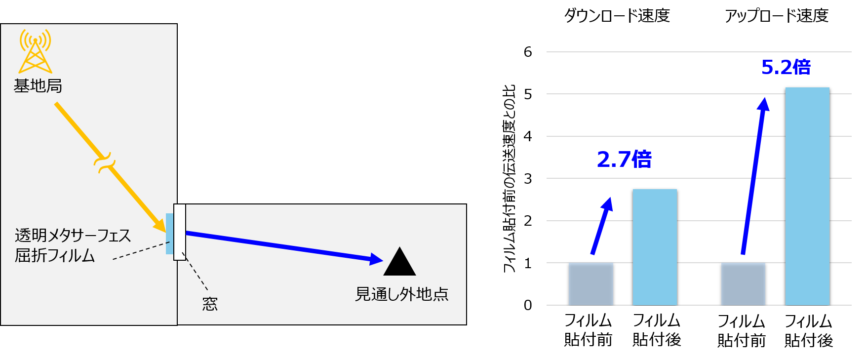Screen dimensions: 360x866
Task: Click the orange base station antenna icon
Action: pos(35,52)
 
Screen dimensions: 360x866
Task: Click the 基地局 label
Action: pos(38,86)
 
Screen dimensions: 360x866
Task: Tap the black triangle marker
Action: pos(399,263)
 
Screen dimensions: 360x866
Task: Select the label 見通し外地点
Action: pos(401,294)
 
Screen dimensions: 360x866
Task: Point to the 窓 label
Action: pos(210,304)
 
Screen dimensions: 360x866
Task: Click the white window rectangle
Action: pos(180,232)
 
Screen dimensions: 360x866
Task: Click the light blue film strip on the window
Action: pos(169,234)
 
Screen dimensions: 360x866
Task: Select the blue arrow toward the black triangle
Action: pos(281,245)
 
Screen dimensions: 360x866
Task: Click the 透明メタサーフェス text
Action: pos(73,235)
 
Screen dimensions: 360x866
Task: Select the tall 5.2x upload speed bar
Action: pos(807,196)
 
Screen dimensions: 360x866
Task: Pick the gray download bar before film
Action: pos(590,283)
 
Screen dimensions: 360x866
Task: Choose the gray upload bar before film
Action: pos(743,283)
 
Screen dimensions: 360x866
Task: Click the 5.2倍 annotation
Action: pos(786,67)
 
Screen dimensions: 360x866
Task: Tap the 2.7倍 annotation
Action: pos(624,159)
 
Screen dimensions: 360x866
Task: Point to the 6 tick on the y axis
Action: pos(528,52)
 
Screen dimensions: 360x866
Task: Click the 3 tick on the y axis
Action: pos(528,179)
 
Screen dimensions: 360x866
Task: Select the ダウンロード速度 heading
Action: pos(617,16)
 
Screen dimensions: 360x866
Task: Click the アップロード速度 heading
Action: pos(777,16)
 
